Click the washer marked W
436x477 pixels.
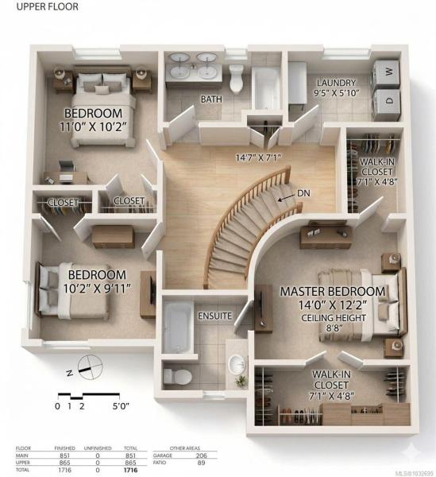[x=386, y=73]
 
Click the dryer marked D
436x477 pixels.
[x=386, y=103]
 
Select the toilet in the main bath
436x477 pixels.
[x=236, y=78]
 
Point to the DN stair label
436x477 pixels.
[x=303, y=193]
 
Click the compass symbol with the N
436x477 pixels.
[x=90, y=367]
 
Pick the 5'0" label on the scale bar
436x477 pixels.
[x=121, y=406]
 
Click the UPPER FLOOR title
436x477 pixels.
[x=48, y=6]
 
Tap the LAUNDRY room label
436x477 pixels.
[x=337, y=83]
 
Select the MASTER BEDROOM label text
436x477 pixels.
[x=333, y=292]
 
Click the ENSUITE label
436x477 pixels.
[x=214, y=316]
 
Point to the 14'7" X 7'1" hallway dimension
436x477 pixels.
[x=258, y=157]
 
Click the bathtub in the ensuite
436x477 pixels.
[x=177, y=327]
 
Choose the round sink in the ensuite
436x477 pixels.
[x=237, y=364]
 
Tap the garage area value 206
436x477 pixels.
[x=201, y=456]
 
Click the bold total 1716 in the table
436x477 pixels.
[x=131, y=470]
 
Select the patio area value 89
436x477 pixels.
[x=201, y=463]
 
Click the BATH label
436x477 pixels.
[x=211, y=99]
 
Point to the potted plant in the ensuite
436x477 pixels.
[x=241, y=381]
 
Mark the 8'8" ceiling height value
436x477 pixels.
[x=334, y=328]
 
